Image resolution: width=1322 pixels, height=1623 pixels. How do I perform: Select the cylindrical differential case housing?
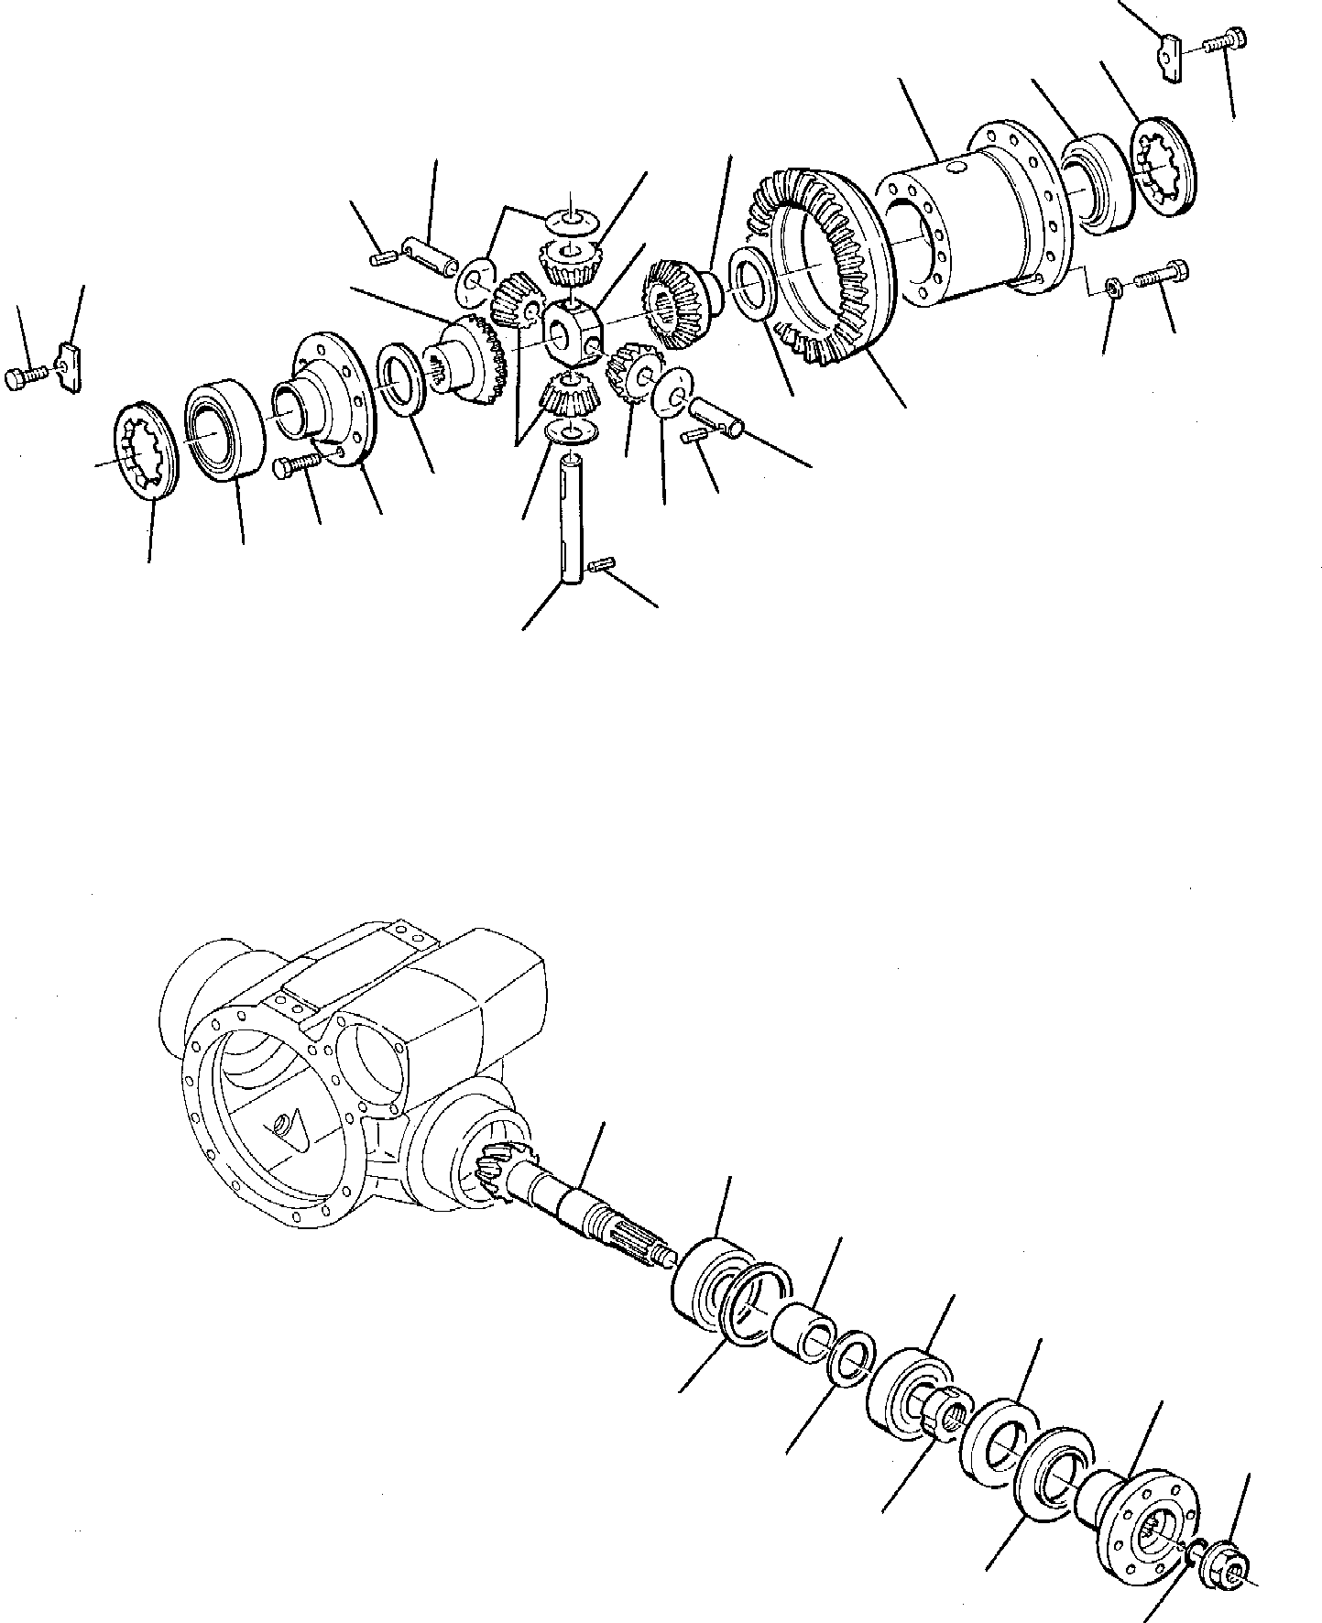[x=971, y=220]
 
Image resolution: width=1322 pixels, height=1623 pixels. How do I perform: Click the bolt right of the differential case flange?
[x=1162, y=274]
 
